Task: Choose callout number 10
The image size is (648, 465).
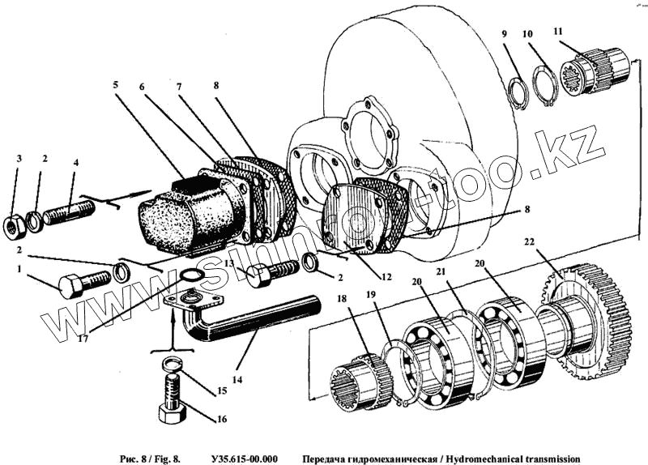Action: tap(527, 34)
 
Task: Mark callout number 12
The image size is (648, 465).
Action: tap(386, 276)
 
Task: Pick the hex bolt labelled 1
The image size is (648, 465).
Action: tap(80, 284)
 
